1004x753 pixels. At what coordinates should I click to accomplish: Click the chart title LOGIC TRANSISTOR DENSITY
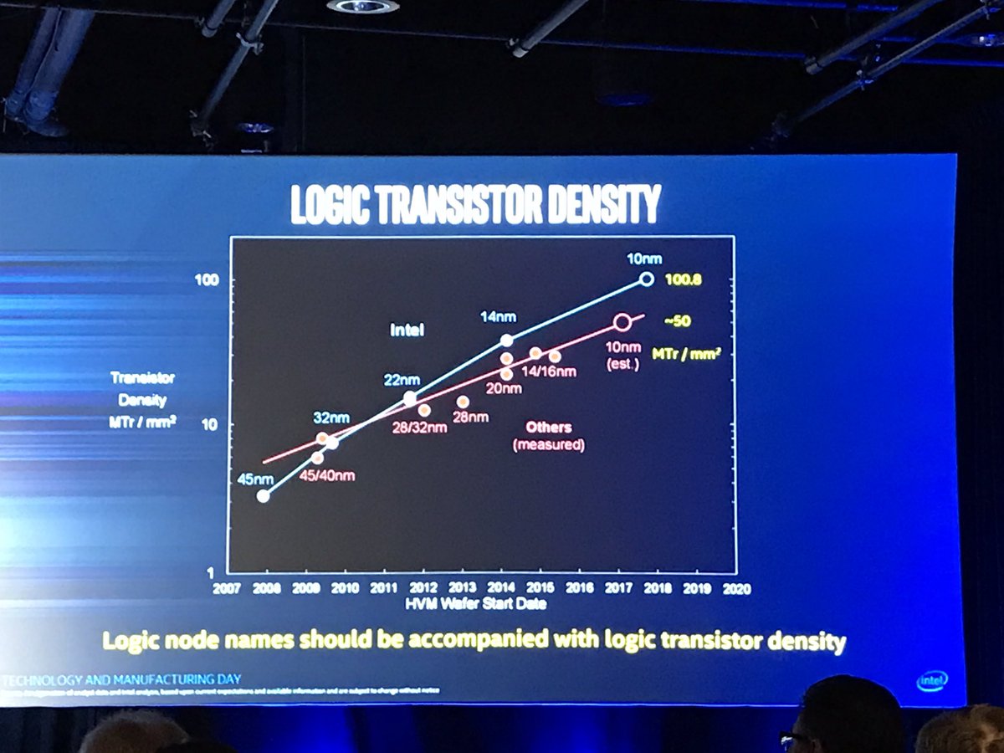475,204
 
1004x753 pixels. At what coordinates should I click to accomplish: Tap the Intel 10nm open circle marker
646,279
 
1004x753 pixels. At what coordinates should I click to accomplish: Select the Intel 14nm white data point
506,340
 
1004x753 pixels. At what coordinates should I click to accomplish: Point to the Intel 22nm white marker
410,398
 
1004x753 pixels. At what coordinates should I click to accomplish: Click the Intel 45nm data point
264,496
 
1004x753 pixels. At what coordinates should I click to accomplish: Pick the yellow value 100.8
682,280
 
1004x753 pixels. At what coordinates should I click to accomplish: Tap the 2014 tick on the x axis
501,588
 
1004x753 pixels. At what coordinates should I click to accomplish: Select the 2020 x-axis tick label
736,588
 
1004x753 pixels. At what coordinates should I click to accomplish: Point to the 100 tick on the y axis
207,279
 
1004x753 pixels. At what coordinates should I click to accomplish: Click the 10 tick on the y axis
211,424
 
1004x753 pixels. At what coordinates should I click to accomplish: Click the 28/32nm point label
419,428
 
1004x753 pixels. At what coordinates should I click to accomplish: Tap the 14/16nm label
549,371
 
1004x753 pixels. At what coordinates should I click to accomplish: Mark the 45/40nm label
327,476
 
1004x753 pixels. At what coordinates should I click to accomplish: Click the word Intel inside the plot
407,330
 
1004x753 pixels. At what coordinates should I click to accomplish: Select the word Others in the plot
548,428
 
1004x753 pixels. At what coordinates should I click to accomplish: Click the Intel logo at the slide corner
931,681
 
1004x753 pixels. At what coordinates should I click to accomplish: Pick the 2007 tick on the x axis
226,588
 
